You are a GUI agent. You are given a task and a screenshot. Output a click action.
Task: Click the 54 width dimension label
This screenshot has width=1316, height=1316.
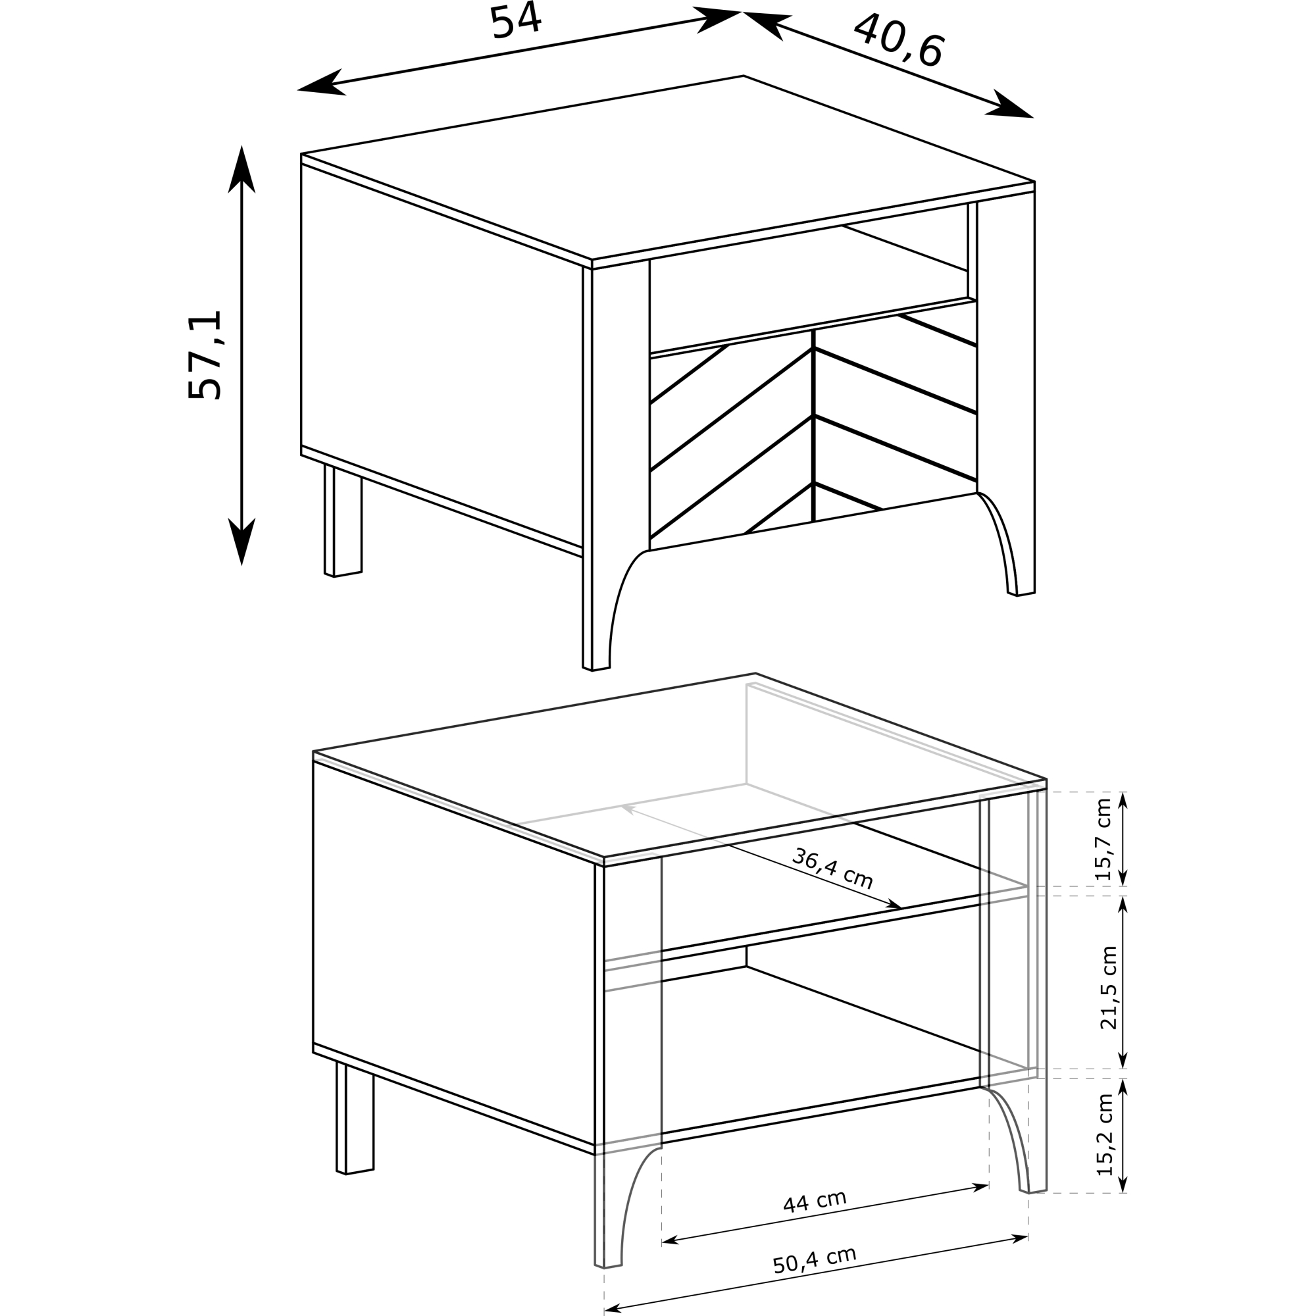[x=516, y=21]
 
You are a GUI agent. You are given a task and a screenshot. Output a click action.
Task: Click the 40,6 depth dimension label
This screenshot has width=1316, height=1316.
[x=898, y=41]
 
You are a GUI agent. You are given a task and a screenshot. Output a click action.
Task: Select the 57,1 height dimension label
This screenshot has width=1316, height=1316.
[x=205, y=355]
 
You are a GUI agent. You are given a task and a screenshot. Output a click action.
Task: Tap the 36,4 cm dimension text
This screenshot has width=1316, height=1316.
[x=832, y=869]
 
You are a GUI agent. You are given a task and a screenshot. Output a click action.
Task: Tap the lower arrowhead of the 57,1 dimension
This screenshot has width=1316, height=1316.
[x=241, y=542]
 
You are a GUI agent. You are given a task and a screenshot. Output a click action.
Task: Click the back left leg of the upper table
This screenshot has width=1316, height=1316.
[x=343, y=521]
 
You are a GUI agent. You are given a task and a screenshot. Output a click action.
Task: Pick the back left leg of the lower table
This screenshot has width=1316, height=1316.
[x=355, y=1117]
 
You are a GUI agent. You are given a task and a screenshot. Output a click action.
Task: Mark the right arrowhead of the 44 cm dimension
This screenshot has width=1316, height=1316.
[x=980, y=1187]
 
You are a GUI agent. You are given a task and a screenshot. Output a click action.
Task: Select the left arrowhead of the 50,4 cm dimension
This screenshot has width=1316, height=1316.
[x=613, y=1310]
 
